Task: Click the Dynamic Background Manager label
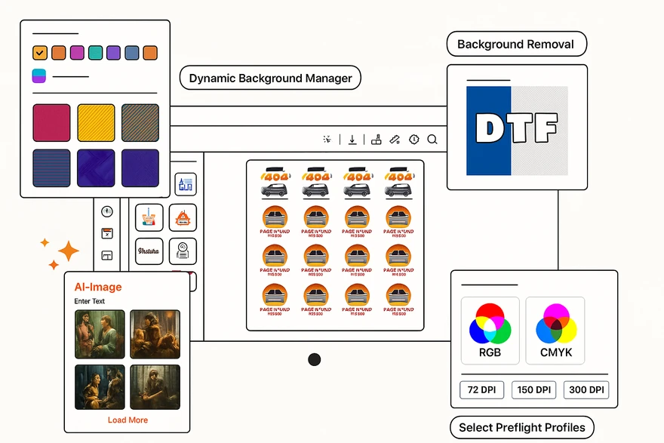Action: [270, 78]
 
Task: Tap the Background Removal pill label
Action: [516, 45]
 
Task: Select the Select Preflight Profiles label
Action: [521, 427]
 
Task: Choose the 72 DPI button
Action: [482, 390]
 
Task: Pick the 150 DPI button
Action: [534, 390]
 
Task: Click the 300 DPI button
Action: [586, 390]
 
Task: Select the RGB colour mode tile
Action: [490, 331]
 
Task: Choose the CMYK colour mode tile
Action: [556, 331]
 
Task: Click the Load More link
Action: [128, 420]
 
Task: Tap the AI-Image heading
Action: [98, 287]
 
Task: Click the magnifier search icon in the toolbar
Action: [432, 140]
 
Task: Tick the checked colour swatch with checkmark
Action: [40, 53]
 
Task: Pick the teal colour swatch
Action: [95, 53]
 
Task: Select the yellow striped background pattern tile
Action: [96, 123]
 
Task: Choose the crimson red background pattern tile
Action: [51, 123]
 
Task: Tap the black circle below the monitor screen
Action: [315, 359]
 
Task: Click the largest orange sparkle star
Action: [69, 251]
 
